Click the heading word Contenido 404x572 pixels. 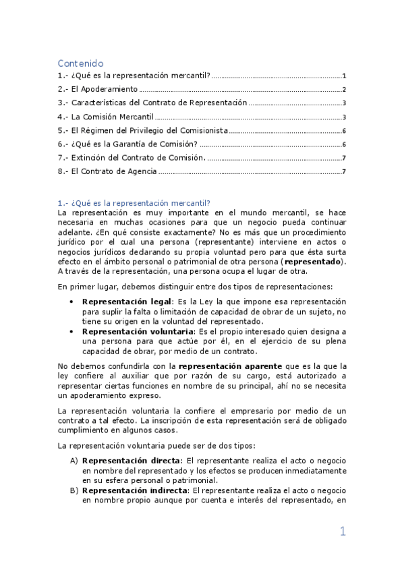80,63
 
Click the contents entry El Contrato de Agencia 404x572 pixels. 108,172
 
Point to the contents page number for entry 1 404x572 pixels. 344,76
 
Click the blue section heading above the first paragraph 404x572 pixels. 134,203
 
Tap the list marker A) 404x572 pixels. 74,461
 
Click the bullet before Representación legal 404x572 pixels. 72,302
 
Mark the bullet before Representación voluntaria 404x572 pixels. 72,332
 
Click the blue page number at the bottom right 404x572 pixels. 343,532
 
